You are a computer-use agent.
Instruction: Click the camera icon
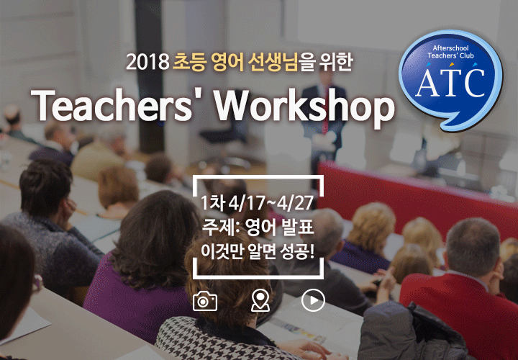(205, 301)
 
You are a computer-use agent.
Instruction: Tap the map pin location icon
(260, 300)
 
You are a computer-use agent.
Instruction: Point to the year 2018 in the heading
(147, 62)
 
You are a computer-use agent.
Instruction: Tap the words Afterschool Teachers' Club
(450, 53)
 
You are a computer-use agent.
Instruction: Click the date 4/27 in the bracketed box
(295, 203)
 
